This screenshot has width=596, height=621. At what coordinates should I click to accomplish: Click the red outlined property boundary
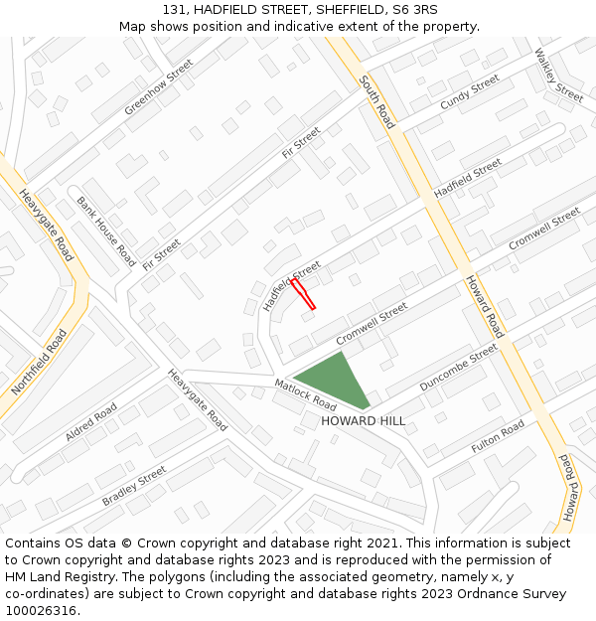pos(303,294)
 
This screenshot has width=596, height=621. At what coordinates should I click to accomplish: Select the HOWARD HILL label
pos(363,421)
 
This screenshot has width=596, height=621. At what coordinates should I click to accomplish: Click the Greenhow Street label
pos(159,86)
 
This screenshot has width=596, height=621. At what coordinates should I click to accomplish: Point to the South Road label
pos(377,101)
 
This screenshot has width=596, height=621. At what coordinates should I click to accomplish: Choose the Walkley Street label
pos(558,76)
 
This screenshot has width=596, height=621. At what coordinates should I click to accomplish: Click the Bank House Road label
pos(105,231)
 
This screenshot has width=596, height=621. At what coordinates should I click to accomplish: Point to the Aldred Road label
pos(91,421)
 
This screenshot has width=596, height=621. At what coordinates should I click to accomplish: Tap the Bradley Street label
pos(134,486)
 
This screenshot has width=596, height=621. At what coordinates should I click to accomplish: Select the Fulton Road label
pos(498,437)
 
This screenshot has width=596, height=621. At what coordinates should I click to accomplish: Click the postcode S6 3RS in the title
pos(410,9)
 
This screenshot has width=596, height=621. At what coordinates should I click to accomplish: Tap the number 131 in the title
pos(174,9)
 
